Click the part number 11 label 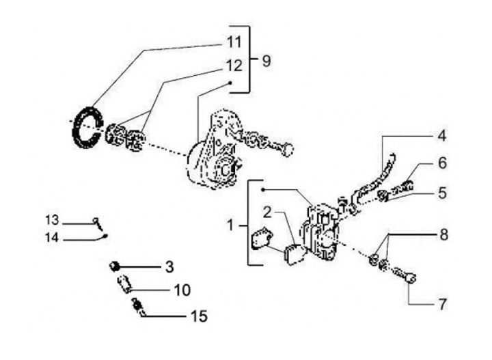[234, 42]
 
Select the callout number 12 [234, 67]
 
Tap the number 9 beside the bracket [266, 60]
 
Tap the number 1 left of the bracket [232, 224]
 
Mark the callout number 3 [169, 265]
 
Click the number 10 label [181, 290]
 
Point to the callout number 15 [200, 316]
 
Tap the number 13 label [53, 220]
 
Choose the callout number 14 [53, 238]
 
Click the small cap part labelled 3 [116, 264]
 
